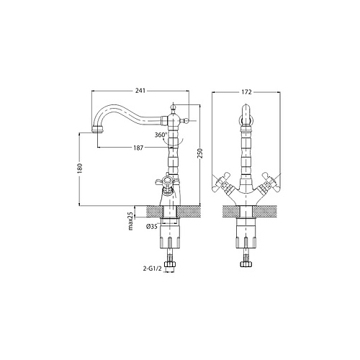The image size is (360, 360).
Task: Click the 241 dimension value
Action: click(140, 91)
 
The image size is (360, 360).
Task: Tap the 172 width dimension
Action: click(247, 92)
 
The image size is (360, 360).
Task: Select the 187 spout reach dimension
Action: click(138, 148)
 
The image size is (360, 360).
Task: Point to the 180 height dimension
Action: click(80, 168)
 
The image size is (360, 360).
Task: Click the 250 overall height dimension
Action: click(201, 153)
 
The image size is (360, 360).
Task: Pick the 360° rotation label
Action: click(161, 135)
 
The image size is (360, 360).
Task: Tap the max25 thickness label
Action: click(130, 221)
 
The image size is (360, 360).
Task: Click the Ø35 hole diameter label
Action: click(152, 226)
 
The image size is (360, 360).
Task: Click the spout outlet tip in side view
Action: click(97, 130)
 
